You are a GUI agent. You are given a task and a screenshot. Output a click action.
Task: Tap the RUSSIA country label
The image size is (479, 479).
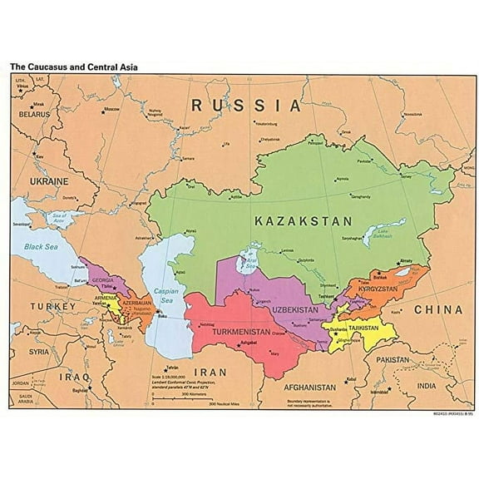pyautogui.click(x=246, y=106)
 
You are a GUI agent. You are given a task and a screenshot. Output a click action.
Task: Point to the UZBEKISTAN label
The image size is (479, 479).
pyautogui.click(x=294, y=309)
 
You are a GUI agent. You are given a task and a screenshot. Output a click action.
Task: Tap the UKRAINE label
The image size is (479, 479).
pyautogui.click(x=49, y=180)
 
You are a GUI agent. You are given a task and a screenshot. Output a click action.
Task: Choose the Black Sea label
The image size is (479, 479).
pyautogui.click(x=42, y=246)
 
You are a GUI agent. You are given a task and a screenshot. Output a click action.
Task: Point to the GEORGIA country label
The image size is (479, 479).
pyautogui.click(x=103, y=281)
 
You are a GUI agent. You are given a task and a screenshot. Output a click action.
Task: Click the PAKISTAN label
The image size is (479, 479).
pyautogui.click(x=393, y=360)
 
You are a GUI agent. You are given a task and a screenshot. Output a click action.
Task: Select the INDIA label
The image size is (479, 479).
pyautogui.click(x=426, y=386)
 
